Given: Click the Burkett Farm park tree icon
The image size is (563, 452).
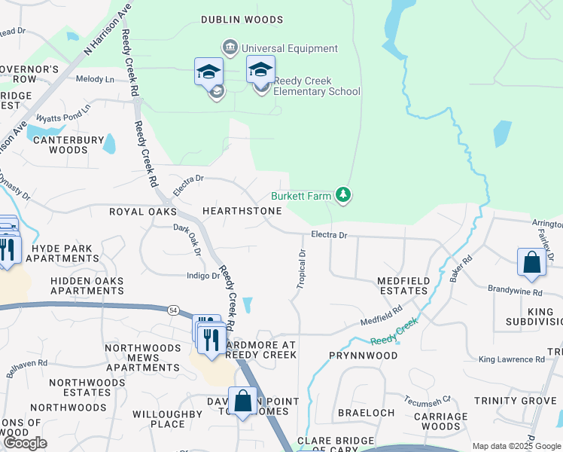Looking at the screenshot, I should pyautogui.click(x=344, y=196).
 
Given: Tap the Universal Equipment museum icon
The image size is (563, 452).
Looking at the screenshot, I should pyautogui.click(x=230, y=48).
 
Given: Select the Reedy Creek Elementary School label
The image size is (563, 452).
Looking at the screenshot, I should pyautogui.click(x=316, y=86).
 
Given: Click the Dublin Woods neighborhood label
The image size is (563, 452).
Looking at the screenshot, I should pyautogui.click(x=242, y=20).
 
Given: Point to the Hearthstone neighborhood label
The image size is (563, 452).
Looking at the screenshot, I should pyautogui.click(x=242, y=211).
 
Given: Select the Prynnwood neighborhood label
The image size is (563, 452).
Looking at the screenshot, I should pyautogui.click(x=362, y=354).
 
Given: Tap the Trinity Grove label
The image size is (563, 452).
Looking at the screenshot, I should pyautogui.click(x=525, y=400).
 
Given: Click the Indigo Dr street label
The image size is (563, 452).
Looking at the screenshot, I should pyautogui.click(x=203, y=276).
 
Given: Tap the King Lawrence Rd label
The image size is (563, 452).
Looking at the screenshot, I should pyautogui.click(x=511, y=359).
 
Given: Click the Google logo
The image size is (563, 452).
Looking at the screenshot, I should pyautogui.click(x=26, y=443).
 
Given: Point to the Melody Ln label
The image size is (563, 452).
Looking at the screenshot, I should pyautogui.click(x=95, y=79).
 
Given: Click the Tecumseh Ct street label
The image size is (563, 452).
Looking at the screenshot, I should pyautogui.click(x=427, y=399).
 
